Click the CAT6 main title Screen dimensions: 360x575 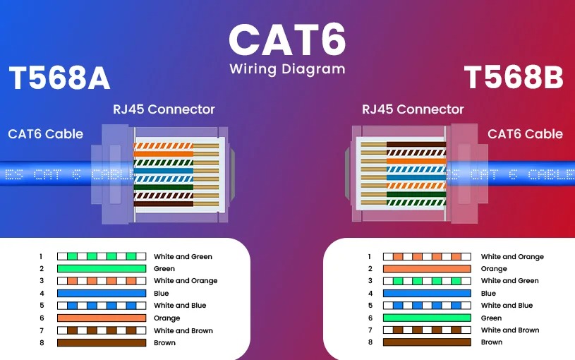pos(287,40)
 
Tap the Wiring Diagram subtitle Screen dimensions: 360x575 pos(287,69)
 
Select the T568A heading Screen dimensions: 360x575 pos(59,78)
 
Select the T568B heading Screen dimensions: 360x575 pos(514,78)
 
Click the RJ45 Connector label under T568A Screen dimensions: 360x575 pos(164,109)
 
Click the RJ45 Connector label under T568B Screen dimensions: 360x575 pos(413,109)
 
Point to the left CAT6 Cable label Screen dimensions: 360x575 pos(45,134)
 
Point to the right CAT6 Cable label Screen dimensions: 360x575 pos(525,134)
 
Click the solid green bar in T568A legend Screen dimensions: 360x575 pos(101,269)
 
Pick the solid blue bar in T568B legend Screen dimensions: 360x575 pos(426,293)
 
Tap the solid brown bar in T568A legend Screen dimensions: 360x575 pos(101,343)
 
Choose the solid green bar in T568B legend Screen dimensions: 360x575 pos(426,318)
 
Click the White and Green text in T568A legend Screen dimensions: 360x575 pos(183,257)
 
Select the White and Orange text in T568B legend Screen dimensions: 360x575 pos(512,257)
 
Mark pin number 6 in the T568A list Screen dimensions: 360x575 pos(42,318)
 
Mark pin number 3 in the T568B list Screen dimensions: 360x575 pos(369,281)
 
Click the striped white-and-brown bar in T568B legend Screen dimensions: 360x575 pos(426,330)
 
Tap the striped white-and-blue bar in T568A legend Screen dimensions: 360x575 pos(101,306)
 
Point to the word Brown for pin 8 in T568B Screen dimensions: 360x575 pos(492,342)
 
